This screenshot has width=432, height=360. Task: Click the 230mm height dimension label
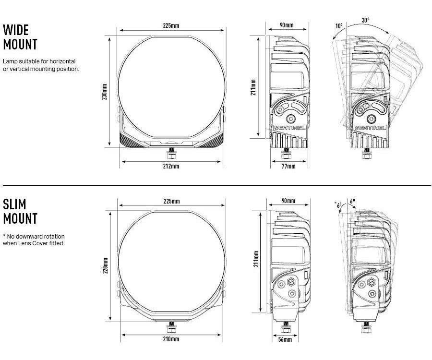click(105, 92)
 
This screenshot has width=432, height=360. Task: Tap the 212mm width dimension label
click(171, 166)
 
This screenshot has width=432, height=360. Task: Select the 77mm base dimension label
click(288, 166)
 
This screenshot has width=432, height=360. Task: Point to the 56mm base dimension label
click(285, 339)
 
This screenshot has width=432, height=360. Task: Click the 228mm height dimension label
click(105, 265)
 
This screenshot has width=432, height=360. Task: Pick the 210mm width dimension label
click(171, 339)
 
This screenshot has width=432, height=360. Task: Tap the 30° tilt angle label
click(366, 20)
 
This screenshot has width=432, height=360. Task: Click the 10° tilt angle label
click(339, 26)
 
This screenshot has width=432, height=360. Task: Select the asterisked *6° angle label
click(338, 205)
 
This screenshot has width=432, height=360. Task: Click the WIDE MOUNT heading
click(20, 37)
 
